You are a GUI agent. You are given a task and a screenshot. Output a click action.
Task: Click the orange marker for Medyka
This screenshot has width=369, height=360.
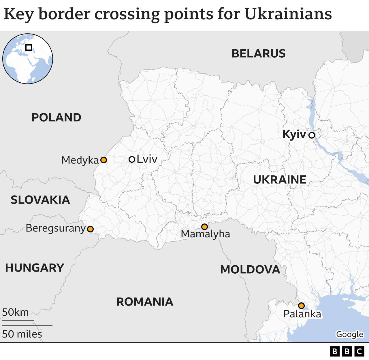[x=103, y=160]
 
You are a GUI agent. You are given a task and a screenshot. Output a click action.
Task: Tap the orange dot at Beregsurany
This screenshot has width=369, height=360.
[x=90, y=229]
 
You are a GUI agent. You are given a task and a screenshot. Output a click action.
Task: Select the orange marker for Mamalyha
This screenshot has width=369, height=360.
[x=204, y=227]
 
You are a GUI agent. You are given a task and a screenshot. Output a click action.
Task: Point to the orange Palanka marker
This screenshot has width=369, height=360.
[x=301, y=306]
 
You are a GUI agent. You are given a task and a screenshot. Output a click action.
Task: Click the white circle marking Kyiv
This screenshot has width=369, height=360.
[x=312, y=135]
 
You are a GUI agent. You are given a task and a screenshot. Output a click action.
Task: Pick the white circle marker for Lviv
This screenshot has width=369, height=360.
[x=132, y=159]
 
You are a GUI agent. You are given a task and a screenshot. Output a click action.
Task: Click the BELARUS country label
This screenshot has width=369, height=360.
[x=259, y=54]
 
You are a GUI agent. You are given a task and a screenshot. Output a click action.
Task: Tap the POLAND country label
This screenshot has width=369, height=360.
[x=57, y=118]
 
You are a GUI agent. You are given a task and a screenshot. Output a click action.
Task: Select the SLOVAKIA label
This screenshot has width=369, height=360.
[x=40, y=200]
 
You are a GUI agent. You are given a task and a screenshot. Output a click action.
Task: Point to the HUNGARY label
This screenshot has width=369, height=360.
[x=35, y=268]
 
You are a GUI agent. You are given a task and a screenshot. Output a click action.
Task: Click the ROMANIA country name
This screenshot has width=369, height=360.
[x=145, y=302]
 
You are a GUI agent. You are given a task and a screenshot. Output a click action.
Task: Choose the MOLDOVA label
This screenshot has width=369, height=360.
[x=250, y=270]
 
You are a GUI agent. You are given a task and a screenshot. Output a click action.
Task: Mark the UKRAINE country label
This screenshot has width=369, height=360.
[x=280, y=180]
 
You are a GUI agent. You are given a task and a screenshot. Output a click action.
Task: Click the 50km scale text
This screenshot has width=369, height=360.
[x=16, y=312]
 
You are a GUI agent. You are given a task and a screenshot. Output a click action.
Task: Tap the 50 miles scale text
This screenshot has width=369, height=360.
[x=22, y=334]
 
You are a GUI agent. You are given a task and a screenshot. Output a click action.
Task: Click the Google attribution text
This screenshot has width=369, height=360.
[x=349, y=334]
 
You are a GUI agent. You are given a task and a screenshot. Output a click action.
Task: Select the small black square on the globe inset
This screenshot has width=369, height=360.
[x=29, y=48]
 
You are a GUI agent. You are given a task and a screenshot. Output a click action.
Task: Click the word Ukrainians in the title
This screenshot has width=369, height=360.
[x=288, y=14]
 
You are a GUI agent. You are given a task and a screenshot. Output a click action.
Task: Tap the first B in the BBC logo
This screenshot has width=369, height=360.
[x=334, y=351]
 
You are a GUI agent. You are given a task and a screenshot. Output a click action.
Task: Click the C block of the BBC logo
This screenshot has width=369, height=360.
[x=359, y=351]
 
